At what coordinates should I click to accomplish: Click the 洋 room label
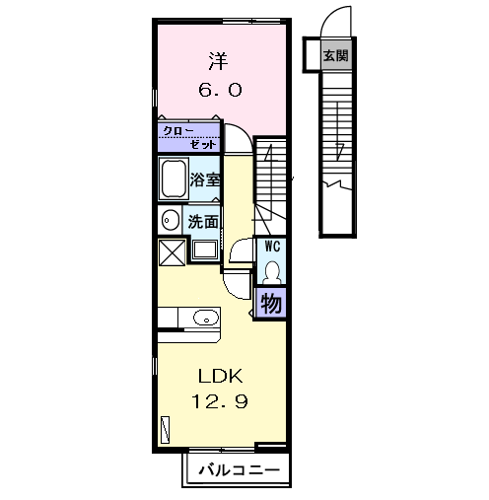point(218,60)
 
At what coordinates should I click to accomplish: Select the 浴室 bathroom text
point(205,179)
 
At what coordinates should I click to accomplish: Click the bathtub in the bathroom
point(175,179)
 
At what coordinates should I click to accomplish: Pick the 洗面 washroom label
point(205,221)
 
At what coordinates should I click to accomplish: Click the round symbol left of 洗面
point(170,220)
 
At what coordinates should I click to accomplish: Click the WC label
point(271,247)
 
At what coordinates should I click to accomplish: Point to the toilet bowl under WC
point(271,270)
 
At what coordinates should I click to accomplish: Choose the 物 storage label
point(271,303)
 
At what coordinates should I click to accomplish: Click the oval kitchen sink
point(205,318)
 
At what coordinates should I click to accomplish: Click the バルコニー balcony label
point(237,469)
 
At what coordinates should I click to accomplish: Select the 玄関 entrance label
point(335,55)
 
